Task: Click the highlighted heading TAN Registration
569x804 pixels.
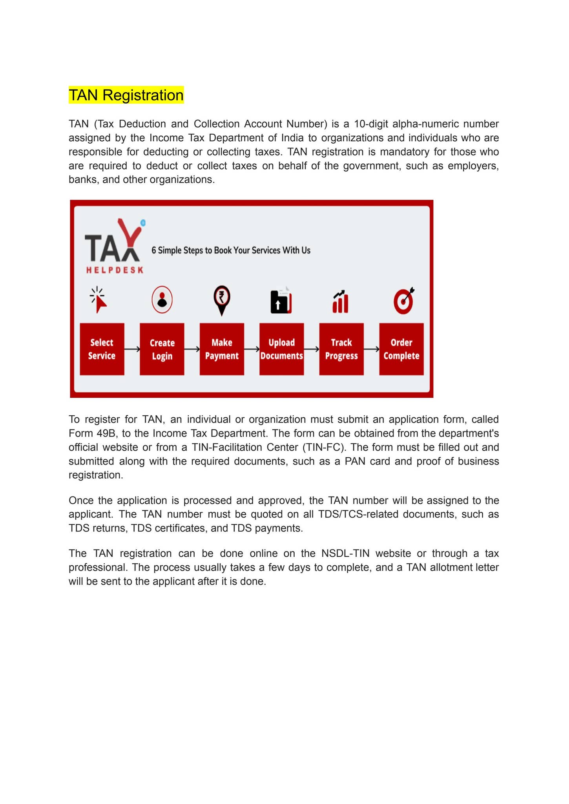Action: [126, 95]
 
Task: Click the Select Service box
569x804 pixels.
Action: [102, 349]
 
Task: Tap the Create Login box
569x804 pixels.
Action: [162, 349]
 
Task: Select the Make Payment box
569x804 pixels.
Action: [222, 349]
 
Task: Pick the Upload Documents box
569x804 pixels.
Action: [282, 349]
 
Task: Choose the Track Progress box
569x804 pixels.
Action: [341, 349]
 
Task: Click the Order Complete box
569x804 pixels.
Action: [401, 349]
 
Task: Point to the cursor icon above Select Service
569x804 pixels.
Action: [99, 300]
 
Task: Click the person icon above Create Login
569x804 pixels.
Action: [162, 300]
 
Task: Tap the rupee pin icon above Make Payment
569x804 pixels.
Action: [222, 300]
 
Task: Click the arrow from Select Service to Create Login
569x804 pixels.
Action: [132, 349]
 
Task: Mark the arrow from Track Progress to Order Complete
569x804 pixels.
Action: [372, 349]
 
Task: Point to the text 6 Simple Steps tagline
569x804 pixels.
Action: [231, 250]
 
